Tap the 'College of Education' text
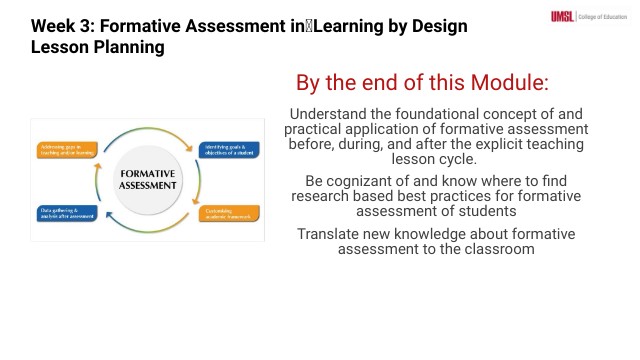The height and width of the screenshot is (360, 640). click(602, 15)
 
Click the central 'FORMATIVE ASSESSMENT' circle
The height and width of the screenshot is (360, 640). click(147, 179)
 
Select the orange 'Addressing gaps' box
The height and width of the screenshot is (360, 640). click(67, 149)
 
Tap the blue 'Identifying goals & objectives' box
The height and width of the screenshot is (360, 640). click(230, 149)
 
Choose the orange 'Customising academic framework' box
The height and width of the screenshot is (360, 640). click(230, 213)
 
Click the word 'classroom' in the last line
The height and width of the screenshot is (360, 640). click(498, 248)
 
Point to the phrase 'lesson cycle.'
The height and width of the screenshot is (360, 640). click(436, 159)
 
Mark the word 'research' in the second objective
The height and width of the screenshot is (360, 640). click(321, 196)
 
